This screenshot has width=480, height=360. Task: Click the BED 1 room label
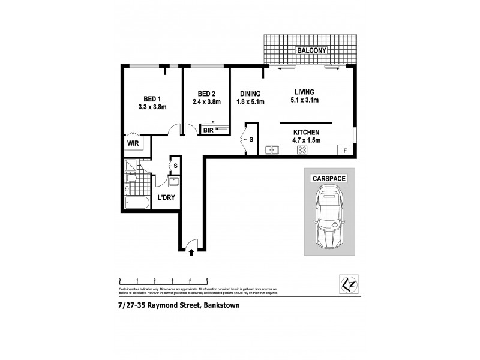[151, 99]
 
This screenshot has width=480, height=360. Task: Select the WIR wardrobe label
[132, 144]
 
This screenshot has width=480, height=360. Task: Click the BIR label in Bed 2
[208, 130]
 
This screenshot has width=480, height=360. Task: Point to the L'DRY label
[165, 197]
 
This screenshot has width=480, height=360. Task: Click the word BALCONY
[310, 51]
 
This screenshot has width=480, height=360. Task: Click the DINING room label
[250, 94]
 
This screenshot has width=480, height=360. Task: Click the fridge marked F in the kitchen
[344, 150]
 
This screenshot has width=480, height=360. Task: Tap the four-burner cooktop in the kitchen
[303, 150]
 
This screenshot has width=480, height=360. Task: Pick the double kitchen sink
[272, 150]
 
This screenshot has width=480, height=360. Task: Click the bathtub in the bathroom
[136, 202]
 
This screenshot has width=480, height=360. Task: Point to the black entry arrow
[191, 253]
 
